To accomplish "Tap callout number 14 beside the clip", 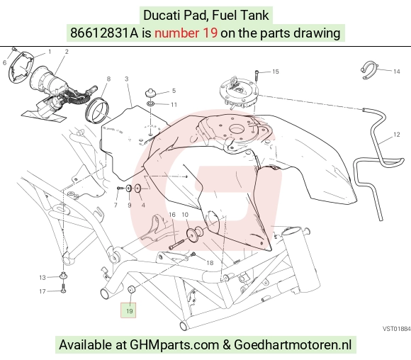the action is click(397, 72).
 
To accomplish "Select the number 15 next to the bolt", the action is click(276, 72).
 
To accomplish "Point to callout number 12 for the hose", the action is click(397, 135).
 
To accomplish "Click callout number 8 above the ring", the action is click(108, 79).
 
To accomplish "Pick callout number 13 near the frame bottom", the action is click(43, 277).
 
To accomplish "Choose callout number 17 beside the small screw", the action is click(43, 291).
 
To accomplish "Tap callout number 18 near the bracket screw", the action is click(210, 263).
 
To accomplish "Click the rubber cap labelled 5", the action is click(150, 93).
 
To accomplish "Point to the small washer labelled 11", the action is click(150, 104).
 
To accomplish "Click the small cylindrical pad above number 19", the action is click(131, 290).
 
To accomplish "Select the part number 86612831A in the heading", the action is click(103, 33).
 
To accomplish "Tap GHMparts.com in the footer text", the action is click(174, 344).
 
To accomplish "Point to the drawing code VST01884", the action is click(397, 329).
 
